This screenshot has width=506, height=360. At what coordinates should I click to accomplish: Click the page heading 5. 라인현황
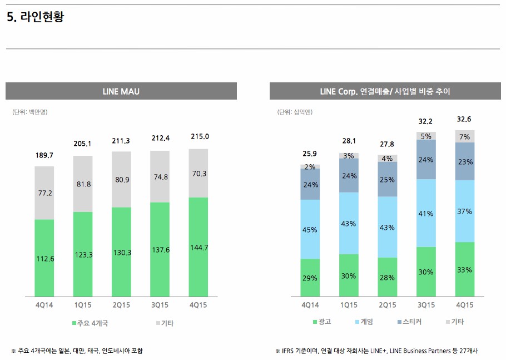click(x=36, y=18)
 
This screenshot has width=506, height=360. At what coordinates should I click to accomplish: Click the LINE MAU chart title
click(x=121, y=91)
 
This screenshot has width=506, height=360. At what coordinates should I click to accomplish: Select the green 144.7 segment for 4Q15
click(x=199, y=247)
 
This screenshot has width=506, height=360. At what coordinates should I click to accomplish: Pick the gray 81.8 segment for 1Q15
click(x=83, y=184)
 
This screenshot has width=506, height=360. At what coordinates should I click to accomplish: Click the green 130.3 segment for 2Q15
click(x=121, y=252)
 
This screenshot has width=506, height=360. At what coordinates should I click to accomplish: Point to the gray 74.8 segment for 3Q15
click(x=160, y=177)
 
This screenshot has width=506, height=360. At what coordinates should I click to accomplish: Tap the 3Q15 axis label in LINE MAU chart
click(x=160, y=305)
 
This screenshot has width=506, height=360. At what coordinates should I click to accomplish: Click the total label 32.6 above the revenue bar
click(x=465, y=119)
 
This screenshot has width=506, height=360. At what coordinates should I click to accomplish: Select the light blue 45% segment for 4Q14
click(x=310, y=229)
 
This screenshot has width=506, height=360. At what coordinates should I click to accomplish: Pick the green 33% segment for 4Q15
click(x=465, y=269)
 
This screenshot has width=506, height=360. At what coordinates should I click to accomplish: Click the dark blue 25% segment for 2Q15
click(x=387, y=180)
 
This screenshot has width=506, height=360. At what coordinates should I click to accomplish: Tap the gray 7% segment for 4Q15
click(x=465, y=136)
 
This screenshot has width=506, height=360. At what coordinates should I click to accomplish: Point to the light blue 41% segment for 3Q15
click(x=426, y=213)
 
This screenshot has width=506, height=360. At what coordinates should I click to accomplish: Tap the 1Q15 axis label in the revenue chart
click(x=349, y=305)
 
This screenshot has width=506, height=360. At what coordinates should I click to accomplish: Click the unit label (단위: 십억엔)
click(x=295, y=112)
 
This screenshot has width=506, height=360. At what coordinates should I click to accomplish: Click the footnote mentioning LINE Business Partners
click(x=376, y=351)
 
